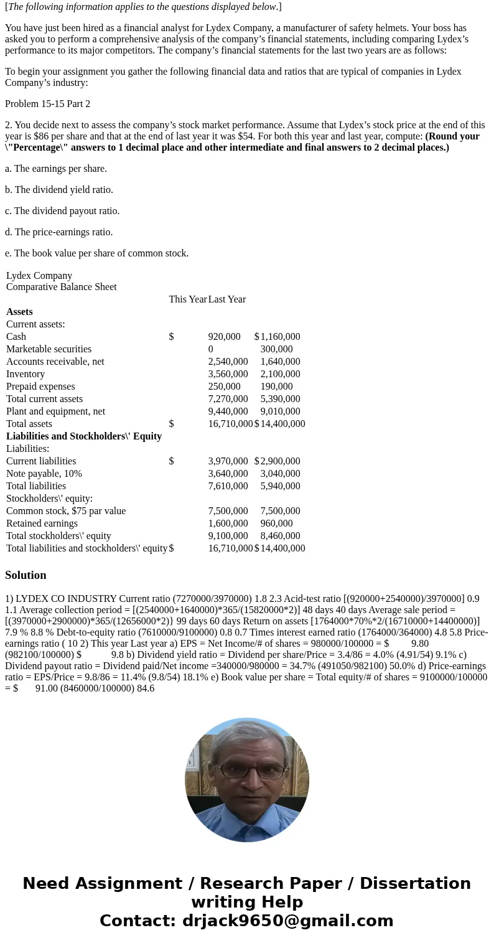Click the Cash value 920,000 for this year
coord(224,337)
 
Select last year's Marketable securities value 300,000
coord(276,349)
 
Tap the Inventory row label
coord(26,374)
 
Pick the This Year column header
coord(187,299)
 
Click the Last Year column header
coord(226,299)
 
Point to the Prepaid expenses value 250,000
coord(224,387)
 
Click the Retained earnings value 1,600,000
coord(228,523)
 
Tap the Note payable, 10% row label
coord(44,474)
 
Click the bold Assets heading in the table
coord(19,312)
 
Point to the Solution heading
coord(26,575)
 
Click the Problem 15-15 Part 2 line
coord(47,104)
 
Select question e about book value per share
coord(96,253)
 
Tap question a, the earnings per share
coord(56,169)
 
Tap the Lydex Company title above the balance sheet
coord(39,276)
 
